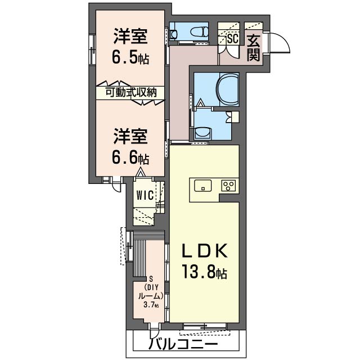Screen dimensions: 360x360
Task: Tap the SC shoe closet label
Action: pyautogui.click(x=233, y=38)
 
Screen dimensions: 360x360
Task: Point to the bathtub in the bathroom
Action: pyautogui.click(x=229, y=89)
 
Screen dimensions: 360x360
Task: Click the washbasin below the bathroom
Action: pyautogui.click(x=203, y=133)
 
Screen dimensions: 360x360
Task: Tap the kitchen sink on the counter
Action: pyautogui.click(x=203, y=186)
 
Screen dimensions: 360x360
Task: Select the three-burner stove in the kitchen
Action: pyautogui.click(x=228, y=186)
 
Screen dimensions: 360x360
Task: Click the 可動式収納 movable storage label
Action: pyautogui.click(x=131, y=93)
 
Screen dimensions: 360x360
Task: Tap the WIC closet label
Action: pyautogui.click(x=145, y=196)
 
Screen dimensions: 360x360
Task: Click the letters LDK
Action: pyautogui.click(x=205, y=250)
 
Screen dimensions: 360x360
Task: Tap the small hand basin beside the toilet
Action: pyautogui.click(x=174, y=34)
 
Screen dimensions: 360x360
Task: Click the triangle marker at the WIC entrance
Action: pyautogui.click(x=140, y=172)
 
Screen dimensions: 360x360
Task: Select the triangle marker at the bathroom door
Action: pyautogui.click(x=200, y=102)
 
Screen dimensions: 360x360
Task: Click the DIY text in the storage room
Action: pyautogui.click(x=152, y=287)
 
